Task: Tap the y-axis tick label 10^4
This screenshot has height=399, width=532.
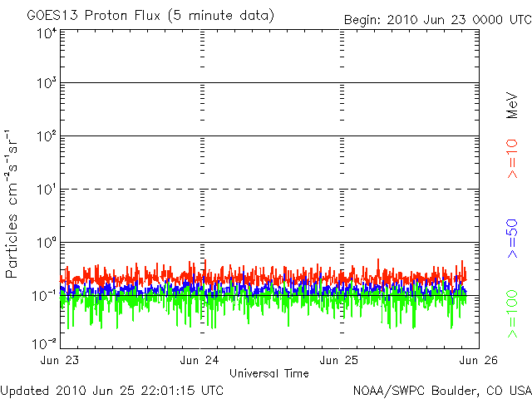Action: click(x=46, y=32)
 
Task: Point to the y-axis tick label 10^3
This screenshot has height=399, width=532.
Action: click(x=46, y=84)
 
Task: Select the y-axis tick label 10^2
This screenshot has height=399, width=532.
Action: click(x=46, y=137)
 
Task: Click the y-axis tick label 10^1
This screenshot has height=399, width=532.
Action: click(x=46, y=190)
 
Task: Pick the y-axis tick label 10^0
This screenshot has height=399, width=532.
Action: click(x=46, y=244)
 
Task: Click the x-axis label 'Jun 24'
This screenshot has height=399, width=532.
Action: click(x=201, y=360)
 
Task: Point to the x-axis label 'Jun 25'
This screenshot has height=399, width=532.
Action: click(x=340, y=360)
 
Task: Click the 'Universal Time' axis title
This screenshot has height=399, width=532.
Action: click(x=270, y=373)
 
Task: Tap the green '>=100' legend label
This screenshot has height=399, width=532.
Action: click(x=513, y=314)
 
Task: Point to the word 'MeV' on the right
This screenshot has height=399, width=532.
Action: click(x=513, y=104)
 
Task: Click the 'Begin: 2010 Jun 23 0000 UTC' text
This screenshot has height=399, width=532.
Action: click(x=437, y=19)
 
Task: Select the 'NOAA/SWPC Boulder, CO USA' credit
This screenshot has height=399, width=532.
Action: click(x=441, y=389)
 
